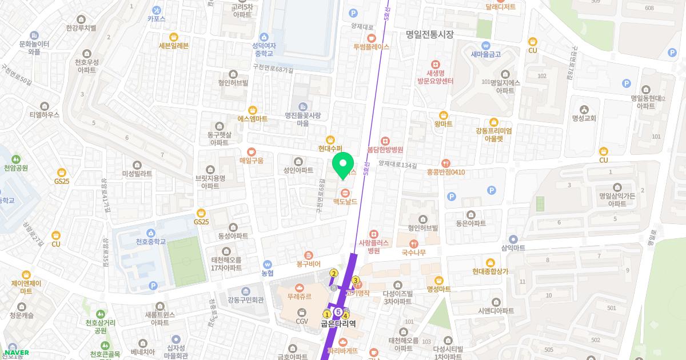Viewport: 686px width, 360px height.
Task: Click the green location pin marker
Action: click(x=343, y=165)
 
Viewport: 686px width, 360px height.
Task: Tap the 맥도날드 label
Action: click(x=345, y=201)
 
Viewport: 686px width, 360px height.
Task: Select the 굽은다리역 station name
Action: click(x=338, y=323)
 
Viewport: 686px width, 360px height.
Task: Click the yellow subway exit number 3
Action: click(x=356, y=280)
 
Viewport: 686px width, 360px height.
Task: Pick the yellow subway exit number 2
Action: click(x=333, y=273)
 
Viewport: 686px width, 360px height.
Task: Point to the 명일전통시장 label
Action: click(x=429, y=34)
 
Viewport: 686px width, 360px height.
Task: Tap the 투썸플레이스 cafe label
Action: click(x=371, y=47)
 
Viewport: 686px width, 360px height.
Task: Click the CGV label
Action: click(x=302, y=321)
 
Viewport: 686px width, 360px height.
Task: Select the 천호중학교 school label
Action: click(x=150, y=241)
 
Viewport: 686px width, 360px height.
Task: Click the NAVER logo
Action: click(x=16, y=353)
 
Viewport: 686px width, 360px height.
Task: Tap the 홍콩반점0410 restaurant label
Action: click(x=445, y=171)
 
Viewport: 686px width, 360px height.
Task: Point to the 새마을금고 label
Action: click(x=485, y=54)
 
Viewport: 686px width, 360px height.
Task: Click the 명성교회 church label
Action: click(x=584, y=118)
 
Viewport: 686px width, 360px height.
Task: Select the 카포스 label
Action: click(x=156, y=18)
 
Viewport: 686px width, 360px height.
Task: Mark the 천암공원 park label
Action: click(x=16, y=168)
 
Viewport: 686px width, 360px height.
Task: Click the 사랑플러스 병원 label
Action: click(x=373, y=246)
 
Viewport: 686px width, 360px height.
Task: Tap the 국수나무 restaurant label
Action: click(x=413, y=252)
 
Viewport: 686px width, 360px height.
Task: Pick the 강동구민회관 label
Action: click(x=245, y=299)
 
